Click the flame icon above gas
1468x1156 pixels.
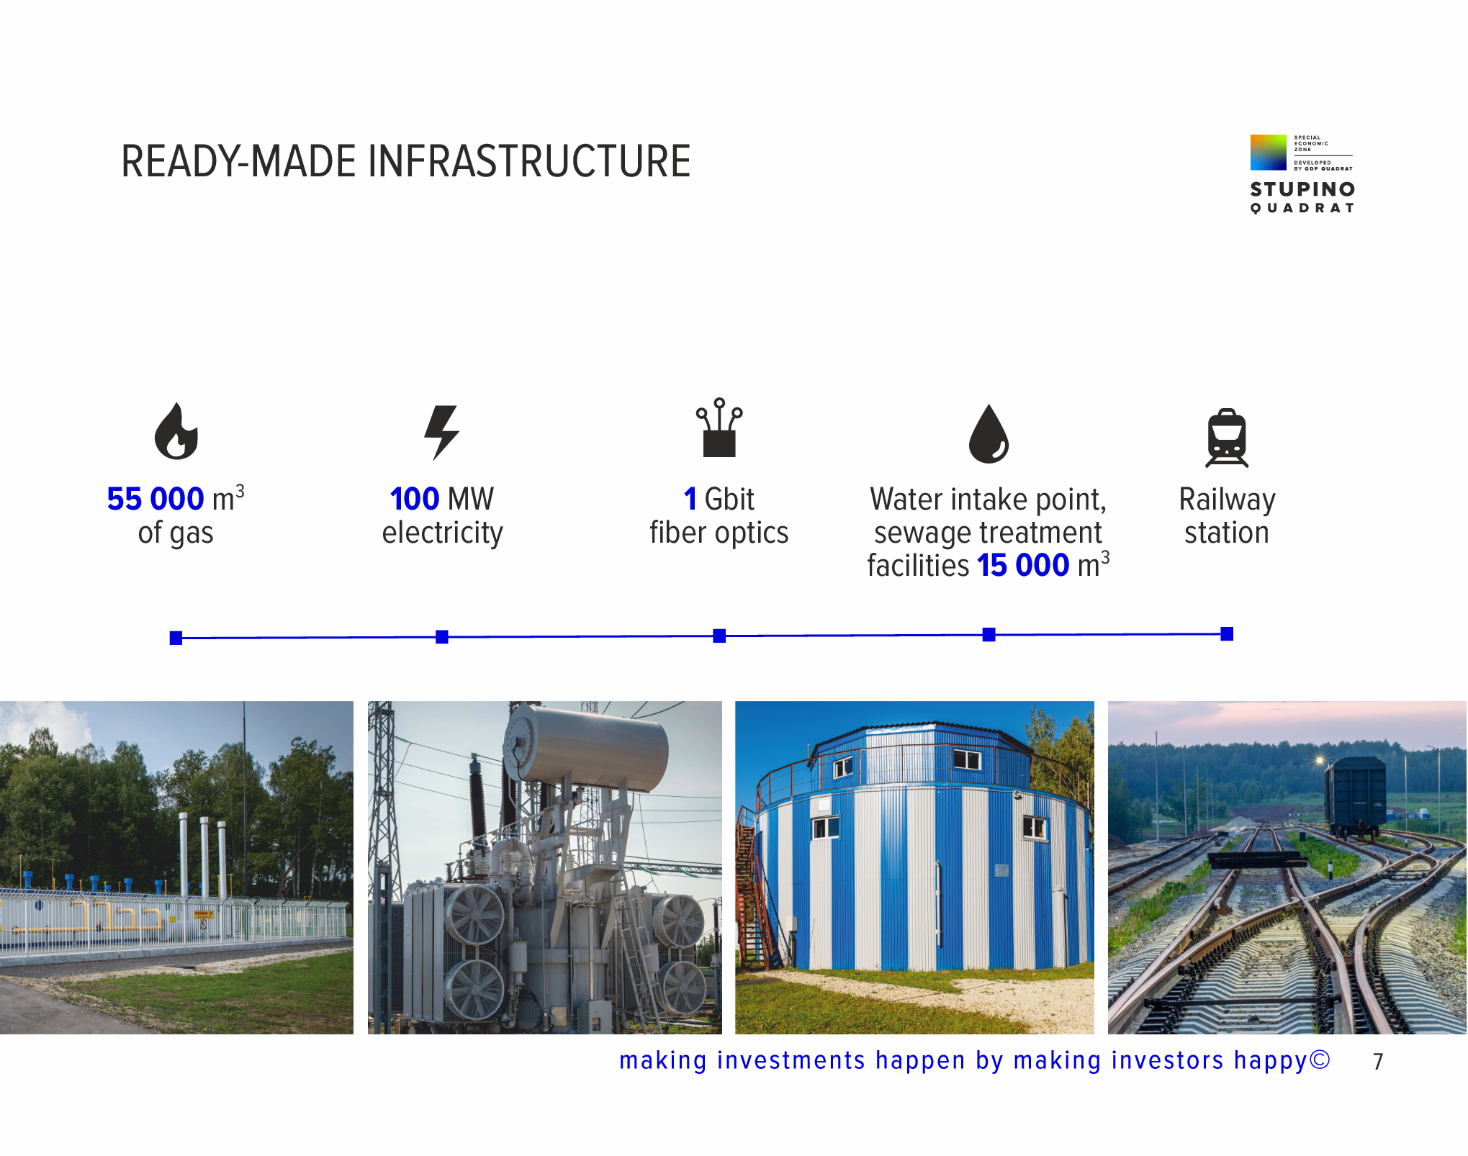click(176, 431)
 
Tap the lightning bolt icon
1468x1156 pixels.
click(441, 432)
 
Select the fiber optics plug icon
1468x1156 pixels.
click(719, 428)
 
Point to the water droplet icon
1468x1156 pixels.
click(989, 433)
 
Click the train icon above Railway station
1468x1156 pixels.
click(1227, 438)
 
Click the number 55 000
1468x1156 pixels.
click(156, 499)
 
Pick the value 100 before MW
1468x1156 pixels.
click(415, 499)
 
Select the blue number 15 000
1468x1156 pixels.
click(1023, 566)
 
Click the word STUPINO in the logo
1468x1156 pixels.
click(1302, 189)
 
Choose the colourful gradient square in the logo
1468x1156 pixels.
click(1269, 152)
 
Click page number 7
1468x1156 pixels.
click(1378, 1062)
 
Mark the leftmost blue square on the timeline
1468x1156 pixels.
click(176, 638)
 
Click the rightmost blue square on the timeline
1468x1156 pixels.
click(1227, 633)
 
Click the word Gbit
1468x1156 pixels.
click(729, 499)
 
